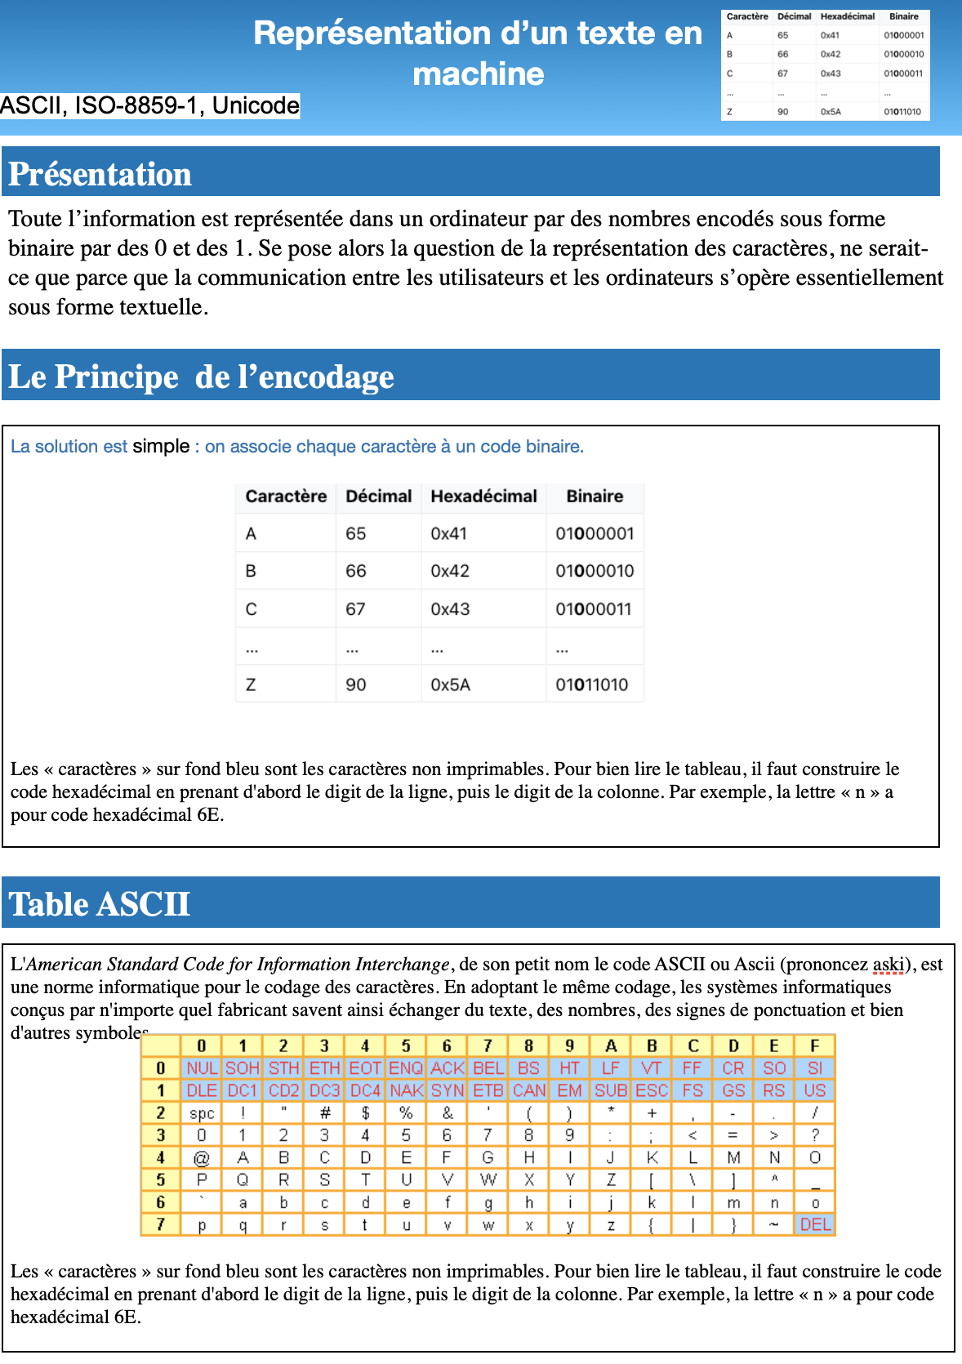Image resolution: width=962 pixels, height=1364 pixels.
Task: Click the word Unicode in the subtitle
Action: click(x=256, y=105)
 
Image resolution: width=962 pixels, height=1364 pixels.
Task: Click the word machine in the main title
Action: click(x=478, y=74)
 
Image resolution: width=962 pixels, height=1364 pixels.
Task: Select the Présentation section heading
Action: click(x=100, y=174)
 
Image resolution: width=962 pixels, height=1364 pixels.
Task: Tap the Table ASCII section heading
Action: click(x=100, y=904)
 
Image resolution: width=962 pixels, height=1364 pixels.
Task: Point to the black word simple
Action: click(x=161, y=446)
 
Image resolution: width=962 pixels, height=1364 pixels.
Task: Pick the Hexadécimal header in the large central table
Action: click(x=483, y=497)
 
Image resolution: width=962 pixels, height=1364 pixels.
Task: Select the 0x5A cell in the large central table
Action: click(x=450, y=684)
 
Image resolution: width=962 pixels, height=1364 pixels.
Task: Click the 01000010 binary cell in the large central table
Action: click(x=595, y=571)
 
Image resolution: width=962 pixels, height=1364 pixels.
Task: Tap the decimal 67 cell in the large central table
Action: click(x=355, y=609)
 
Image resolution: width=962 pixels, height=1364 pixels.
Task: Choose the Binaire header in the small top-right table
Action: click(x=903, y=16)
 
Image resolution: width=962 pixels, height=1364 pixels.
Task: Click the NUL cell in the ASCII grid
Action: click(x=202, y=1068)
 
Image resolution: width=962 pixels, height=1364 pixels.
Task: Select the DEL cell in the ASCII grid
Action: click(x=815, y=1224)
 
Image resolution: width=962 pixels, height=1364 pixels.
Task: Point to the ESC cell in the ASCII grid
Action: click(x=652, y=1090)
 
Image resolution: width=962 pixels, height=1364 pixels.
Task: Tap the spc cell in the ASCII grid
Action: click(x=202, y=1113)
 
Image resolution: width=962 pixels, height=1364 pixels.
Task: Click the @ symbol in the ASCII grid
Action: click(x=202, y=1158)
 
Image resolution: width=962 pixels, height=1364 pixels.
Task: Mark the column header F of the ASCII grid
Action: click(x=815, y=1045)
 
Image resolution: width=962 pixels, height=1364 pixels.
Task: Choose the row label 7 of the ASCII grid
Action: click(x=161, y=1224)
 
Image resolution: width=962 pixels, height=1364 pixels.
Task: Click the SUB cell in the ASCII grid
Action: click(x=611, y=1090)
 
